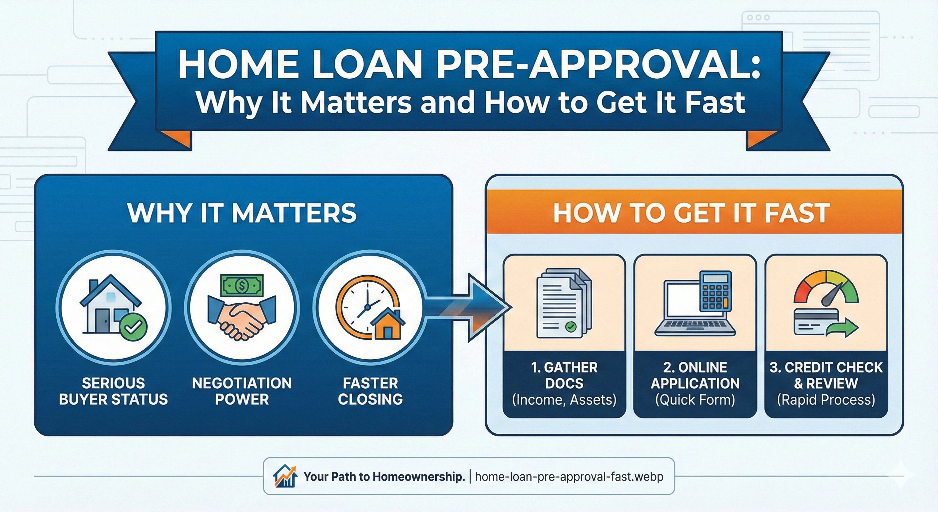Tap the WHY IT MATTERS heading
(242, 213)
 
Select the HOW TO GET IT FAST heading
(692, 213)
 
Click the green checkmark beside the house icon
(133, 327)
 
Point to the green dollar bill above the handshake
(242, 285)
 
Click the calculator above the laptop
(715, 291)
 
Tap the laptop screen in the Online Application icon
(680, 302)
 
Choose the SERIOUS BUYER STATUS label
(113, 391)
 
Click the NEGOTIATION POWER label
(242, 391)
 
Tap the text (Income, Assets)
(564, 400)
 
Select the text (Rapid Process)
(826, 400)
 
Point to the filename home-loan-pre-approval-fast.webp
(569, 477)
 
